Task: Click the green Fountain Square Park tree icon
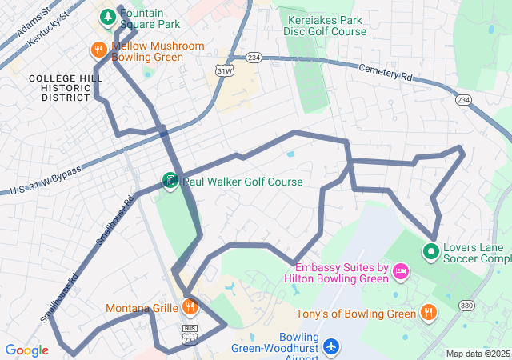click(107, 16)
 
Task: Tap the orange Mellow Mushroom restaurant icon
click(99, 50)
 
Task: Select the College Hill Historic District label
click(60, 87)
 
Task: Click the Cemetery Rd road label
click(385, 73)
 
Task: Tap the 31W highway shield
click(225, 70)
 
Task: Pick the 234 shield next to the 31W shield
click(254, 58)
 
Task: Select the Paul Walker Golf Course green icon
click(170, 182)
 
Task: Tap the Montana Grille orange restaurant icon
click(190, 307)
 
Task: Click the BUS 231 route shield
click(190, 334)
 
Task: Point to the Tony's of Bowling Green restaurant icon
click(429, 313)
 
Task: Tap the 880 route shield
click(466, 306)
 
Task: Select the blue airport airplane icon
click(331, 347)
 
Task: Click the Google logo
click(26, 350)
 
